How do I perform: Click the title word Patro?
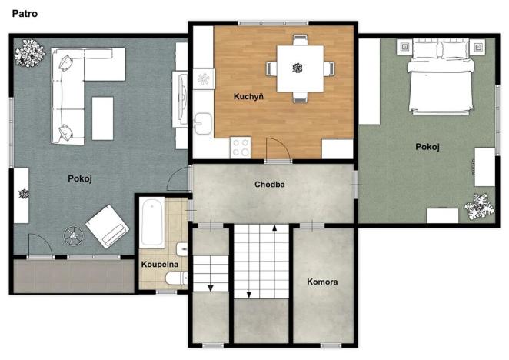(25, 13)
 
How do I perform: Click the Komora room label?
(322, 282)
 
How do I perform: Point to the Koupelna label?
(159, 265)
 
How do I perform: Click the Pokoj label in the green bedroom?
(427, 147)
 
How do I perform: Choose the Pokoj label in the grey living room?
(80, 178)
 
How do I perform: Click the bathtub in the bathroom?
(151, 222)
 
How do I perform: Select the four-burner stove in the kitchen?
(241, 146)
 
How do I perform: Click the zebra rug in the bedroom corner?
(480, 207)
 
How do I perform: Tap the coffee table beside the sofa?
(102, 118)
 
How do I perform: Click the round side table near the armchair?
(74, 232)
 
